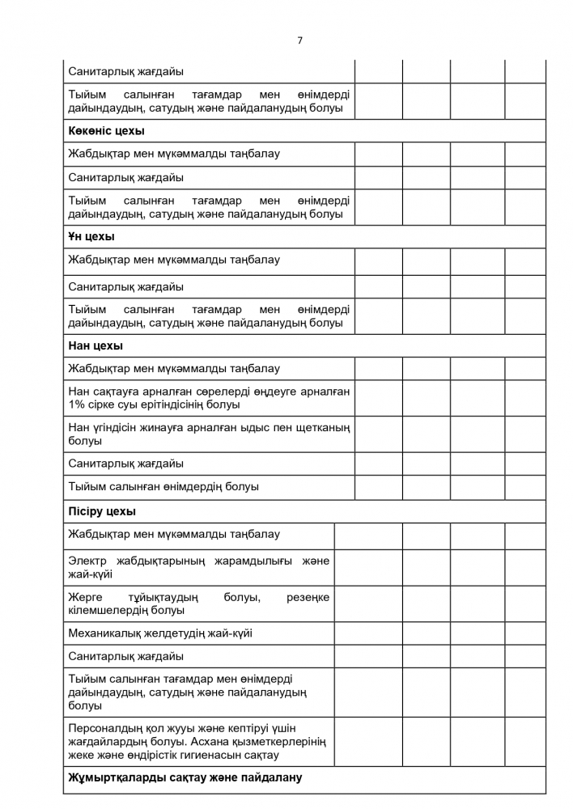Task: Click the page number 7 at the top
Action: (299, 40)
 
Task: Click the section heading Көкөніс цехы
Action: (106, 130)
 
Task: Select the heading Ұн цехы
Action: (91, 237)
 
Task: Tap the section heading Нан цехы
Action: (95, 345)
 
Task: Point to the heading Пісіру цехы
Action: (102, 511)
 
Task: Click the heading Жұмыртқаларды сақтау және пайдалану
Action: (185, 778)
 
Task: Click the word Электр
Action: (88, 561)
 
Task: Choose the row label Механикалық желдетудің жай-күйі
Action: (166, 633)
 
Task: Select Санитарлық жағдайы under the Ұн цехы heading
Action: (125, 286)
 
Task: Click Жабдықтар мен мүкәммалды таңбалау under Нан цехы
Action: (174, 368)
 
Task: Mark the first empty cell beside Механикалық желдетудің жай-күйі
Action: (368, 633)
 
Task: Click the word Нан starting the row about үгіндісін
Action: (79, 427)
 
